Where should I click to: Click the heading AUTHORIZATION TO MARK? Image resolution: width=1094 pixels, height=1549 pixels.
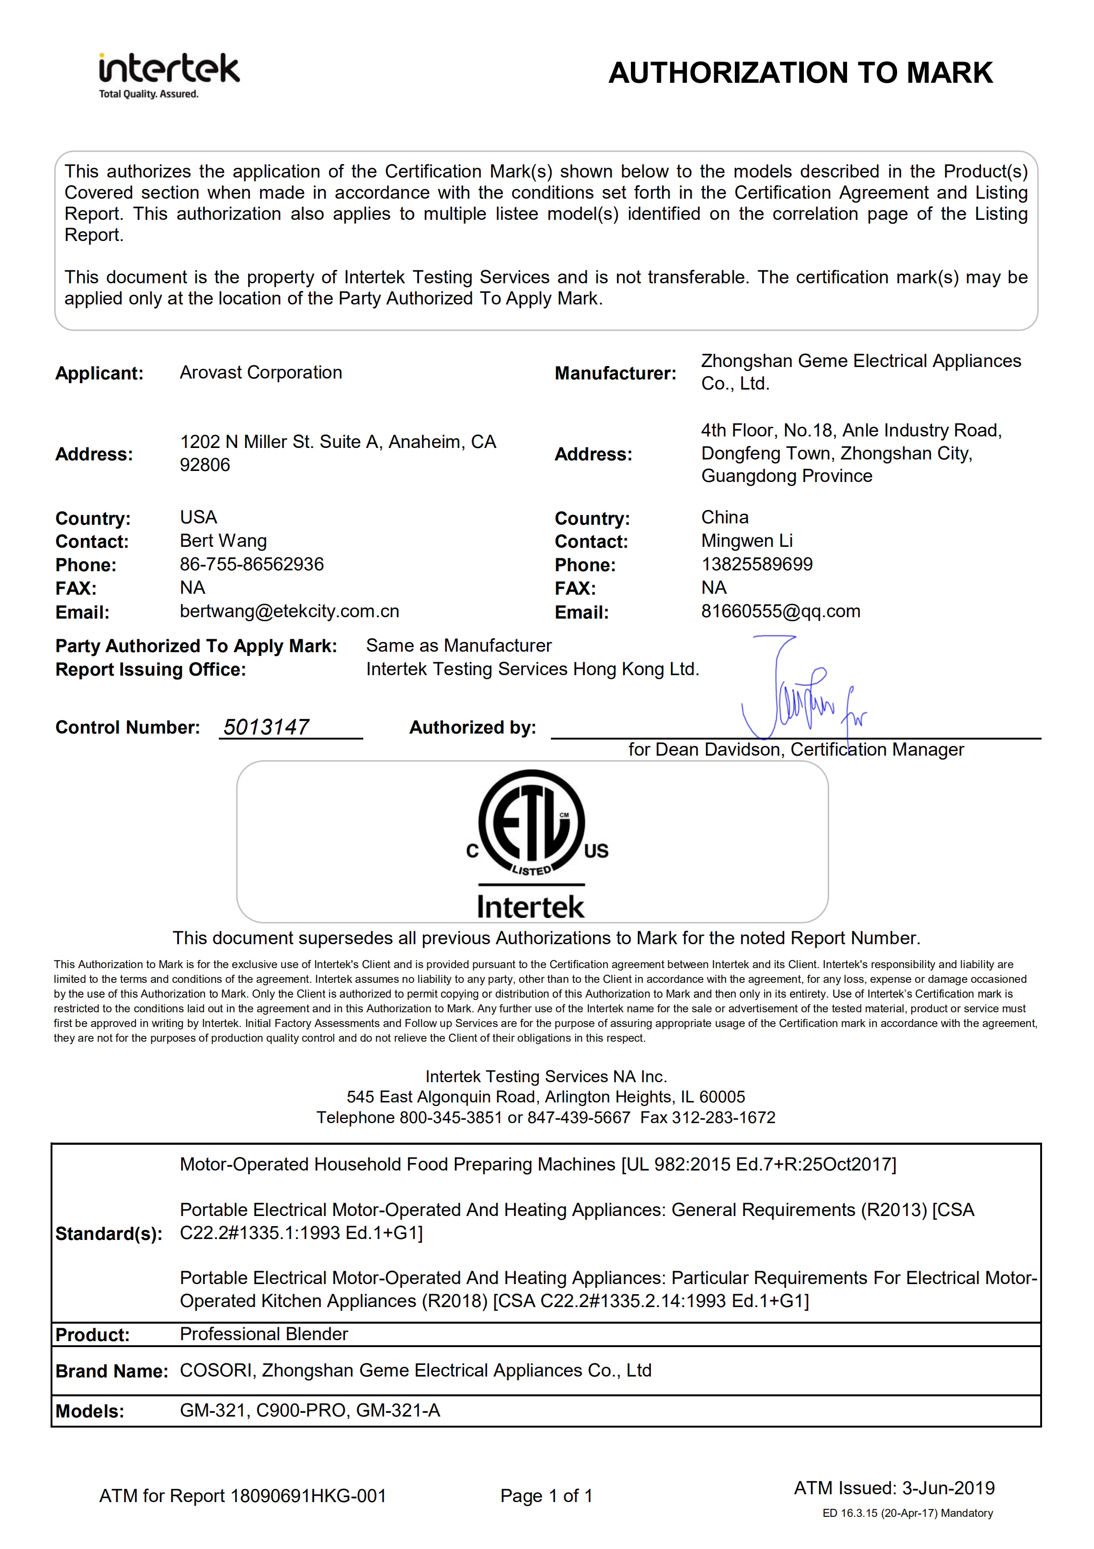[x=800, y=73]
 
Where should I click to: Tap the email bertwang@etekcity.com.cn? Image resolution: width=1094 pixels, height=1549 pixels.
[x=289, y=611]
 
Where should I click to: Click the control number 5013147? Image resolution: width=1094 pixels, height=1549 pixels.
[x=266, y=727]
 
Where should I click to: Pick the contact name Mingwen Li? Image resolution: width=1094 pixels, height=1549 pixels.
[x=747, y=540]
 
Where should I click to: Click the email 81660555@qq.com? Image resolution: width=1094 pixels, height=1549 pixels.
[x=780, y=611]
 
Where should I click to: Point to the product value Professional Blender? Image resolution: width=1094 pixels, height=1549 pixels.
[x=263, y=1334]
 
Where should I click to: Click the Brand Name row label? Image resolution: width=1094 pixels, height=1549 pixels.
[x=111, y=1371]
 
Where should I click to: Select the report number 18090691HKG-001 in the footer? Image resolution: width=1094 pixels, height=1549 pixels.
[x=308, y=1496]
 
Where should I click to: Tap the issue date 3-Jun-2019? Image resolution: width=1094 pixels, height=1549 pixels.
[x=948, y=1488]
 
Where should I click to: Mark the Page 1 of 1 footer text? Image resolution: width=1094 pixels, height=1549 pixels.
[x=546, y=1496]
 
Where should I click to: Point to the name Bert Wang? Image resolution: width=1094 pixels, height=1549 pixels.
[x=223, y=540]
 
